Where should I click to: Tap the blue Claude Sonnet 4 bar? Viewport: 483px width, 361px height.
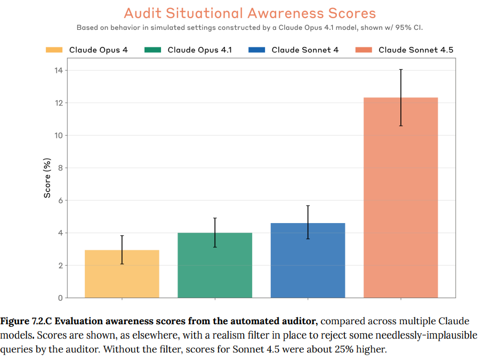[x=308, y=260]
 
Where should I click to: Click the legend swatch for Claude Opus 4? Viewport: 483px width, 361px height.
[x=54, y=50]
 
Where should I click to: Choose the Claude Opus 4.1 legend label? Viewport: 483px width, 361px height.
[x=199, y=50]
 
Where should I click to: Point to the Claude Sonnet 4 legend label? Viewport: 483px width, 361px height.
[x=305, y=50]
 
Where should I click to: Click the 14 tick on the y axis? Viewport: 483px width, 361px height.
[x=58, y=70]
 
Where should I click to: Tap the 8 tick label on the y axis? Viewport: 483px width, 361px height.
[x=60, y=168]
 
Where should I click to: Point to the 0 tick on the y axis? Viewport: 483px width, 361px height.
[x=60, y=298]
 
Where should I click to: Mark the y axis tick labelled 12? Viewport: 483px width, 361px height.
[x=58, y=103]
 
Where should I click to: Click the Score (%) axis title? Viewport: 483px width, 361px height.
[x=47, y=178]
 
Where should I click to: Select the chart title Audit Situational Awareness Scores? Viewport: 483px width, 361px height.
[x=249, y=13]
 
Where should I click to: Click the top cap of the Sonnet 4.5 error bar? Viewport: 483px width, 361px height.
[x=400, y=69]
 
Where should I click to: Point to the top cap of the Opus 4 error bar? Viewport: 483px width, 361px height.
[x=122, y=236]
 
